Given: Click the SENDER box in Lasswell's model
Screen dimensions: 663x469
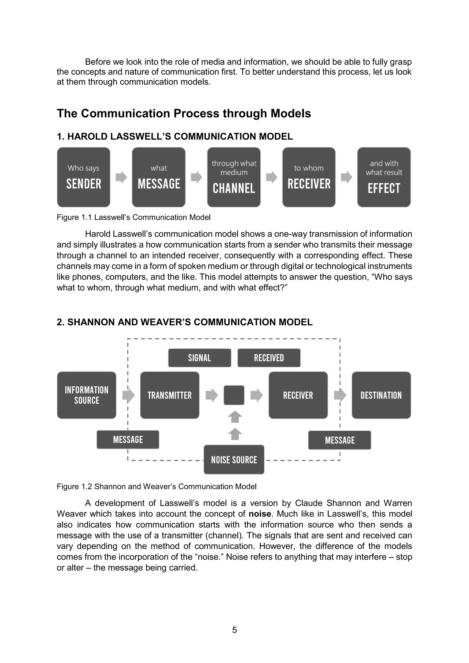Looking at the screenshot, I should point(83,177).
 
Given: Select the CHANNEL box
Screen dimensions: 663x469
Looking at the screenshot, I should point(234,177).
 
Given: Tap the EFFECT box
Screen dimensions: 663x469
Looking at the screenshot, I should point(384,177).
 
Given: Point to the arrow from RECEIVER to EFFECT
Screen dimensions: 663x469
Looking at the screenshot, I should point(346,177).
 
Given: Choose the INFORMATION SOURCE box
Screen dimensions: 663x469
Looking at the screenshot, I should point(87,395).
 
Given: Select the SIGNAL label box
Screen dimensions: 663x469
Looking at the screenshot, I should point(199,358).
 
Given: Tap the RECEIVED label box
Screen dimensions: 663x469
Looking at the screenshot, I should point(269,358).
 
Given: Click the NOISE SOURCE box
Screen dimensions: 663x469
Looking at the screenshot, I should point(234,459).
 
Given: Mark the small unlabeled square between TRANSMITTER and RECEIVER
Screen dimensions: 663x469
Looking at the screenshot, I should point(234,395).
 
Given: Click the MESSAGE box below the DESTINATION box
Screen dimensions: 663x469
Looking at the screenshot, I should point(340,440).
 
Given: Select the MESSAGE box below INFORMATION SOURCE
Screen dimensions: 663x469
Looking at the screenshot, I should point(128,440).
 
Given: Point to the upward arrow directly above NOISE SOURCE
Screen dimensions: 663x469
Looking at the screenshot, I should point(235,434).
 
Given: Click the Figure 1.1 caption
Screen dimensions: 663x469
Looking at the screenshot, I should point(134,217).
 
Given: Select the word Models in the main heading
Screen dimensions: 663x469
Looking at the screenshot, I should point(291,114).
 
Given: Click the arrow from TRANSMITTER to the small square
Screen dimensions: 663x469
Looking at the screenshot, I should point(212,395).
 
